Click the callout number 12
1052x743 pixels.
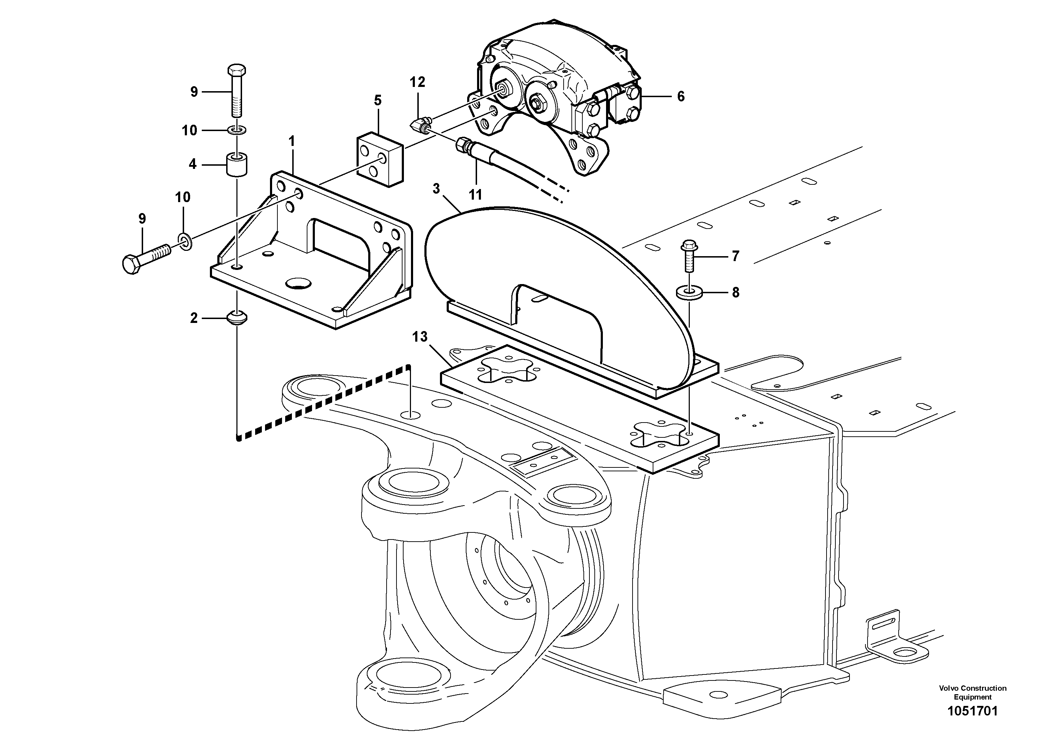pyautogui.click(x=417, y=82)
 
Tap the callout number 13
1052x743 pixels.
pyautogui.click(x=420, y=337)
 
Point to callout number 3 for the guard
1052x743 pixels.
pyautogui.click(x=436, y=188)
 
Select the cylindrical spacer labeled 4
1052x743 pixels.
pyautogui.click(x=237, y=164)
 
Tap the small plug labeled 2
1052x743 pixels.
pyautogui.click(x=237, y=318)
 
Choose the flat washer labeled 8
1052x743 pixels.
pyautogui.click(x=689, y=292)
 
